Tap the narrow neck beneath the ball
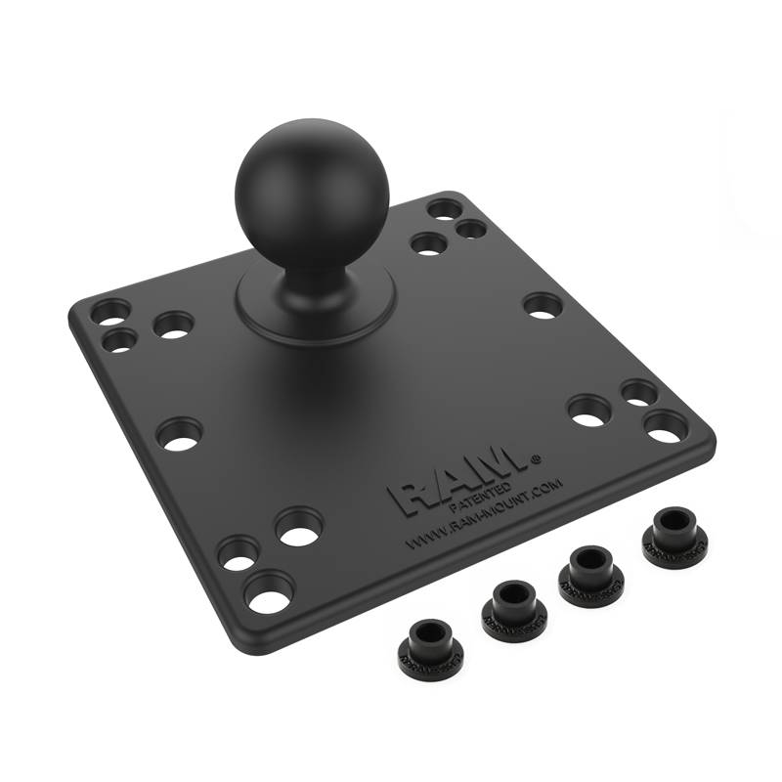(x=311, y=275)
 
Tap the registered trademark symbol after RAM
(x=535, y=456)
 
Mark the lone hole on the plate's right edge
(x=543, y=305)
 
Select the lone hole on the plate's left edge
(x=180, y=434)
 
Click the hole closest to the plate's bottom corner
(x=270, y=592)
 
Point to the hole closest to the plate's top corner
(x=444, y=210)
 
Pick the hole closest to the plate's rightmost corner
(x=667, y=425)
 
